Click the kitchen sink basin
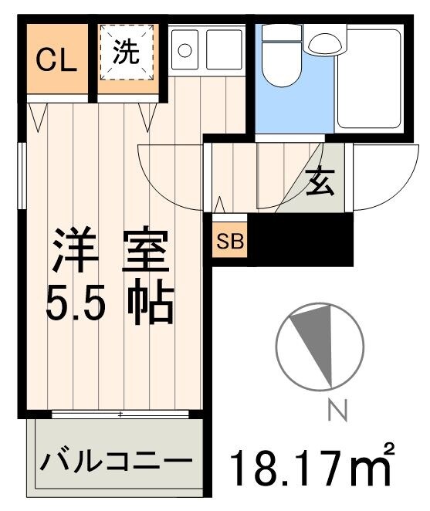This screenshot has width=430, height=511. pos(223,50)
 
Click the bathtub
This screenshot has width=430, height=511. pos(368,80)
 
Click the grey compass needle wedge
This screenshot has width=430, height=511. pos(320,340)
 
